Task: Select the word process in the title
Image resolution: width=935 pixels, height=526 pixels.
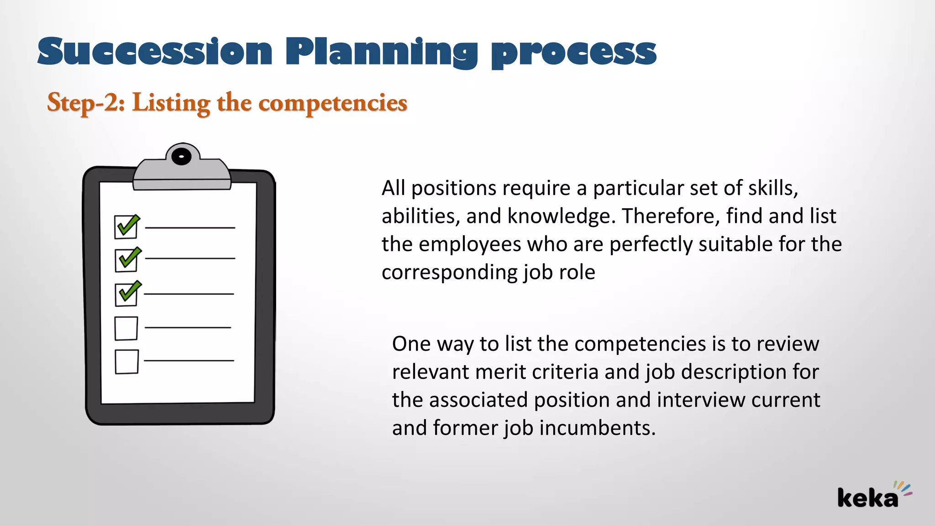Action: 573,54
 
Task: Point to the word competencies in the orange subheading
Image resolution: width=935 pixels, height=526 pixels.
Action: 333,103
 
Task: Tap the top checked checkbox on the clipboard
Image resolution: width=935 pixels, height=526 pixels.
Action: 126,227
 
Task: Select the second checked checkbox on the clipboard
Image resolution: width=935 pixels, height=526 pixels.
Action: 126,260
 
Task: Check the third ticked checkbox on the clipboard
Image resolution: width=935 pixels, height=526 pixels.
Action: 126,294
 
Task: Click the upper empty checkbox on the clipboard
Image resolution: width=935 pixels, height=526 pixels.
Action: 126,328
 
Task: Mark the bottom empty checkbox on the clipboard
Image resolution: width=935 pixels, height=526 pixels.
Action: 126,362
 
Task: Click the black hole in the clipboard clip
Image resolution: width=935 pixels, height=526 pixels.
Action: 182,157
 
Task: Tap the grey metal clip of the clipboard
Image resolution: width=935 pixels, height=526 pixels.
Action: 182,176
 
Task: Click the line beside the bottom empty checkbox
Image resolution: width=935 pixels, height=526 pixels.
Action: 189,361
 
